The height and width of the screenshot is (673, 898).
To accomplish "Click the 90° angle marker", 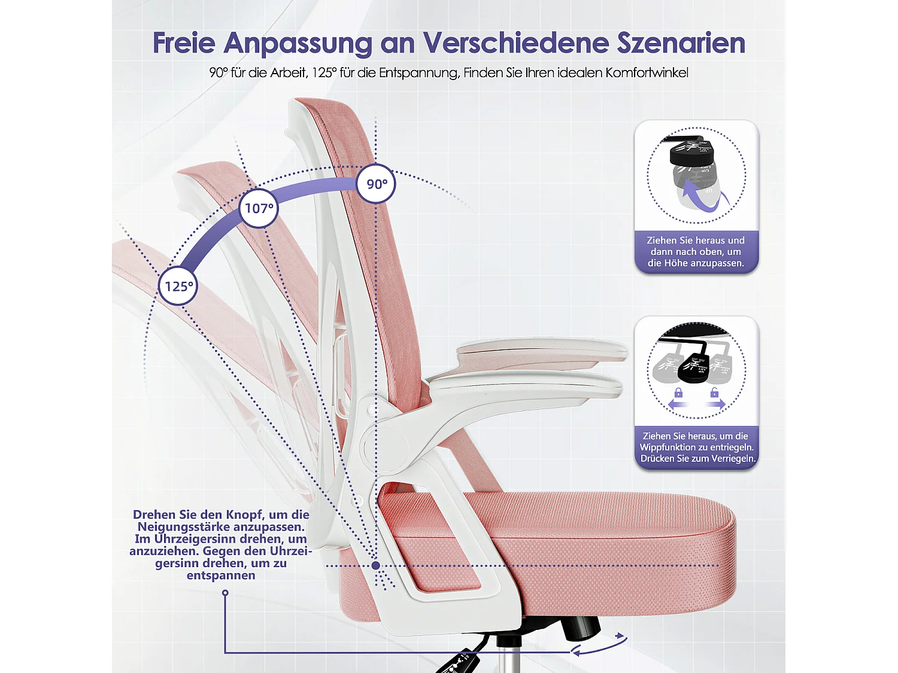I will [376, 184].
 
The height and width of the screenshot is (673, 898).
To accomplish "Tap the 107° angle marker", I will [259, 208].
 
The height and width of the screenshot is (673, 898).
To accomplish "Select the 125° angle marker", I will [178, 287].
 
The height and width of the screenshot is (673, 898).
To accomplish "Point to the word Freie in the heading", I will [184, 43].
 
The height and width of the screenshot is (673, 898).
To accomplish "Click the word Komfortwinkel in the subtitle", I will [647, 73].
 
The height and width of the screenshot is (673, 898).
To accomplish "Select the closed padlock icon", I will [678, 392].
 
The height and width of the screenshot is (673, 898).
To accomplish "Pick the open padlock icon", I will [714, 392].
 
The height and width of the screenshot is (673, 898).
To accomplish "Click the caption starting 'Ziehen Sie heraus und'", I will [696, 251].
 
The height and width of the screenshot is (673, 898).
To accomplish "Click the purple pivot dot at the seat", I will [375, 565].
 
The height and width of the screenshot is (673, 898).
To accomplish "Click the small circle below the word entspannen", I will [225, 593].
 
